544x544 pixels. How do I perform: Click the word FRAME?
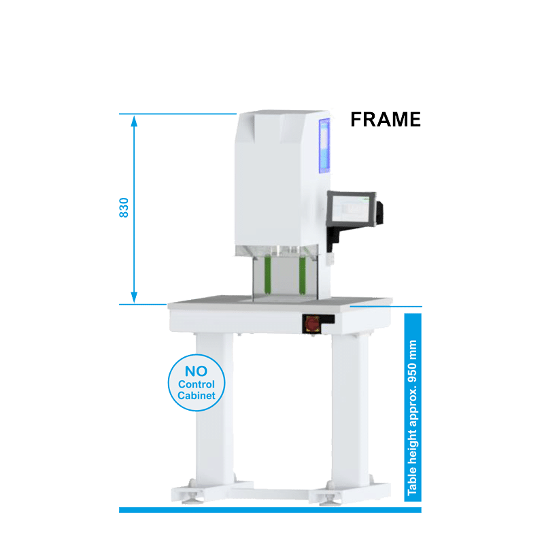pos(386,120)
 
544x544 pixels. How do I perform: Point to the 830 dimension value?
pos(124,208)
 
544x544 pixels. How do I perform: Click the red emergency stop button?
pos(312,324)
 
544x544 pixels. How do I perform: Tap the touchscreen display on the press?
pos(351,209)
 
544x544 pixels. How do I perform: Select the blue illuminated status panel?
pos(325,146)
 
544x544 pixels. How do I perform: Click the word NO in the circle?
pos(196,371)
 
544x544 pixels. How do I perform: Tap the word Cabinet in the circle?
pos(197,396)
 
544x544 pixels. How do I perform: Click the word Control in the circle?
pos(197,384)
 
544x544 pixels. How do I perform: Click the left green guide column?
pos(267,274)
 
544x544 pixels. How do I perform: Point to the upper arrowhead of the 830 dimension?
pos(134,121)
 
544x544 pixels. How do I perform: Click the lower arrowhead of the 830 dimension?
pos(134,297)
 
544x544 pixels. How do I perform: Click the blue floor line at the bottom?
pos(270,509)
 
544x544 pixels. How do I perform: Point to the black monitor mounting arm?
pos(334,237)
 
